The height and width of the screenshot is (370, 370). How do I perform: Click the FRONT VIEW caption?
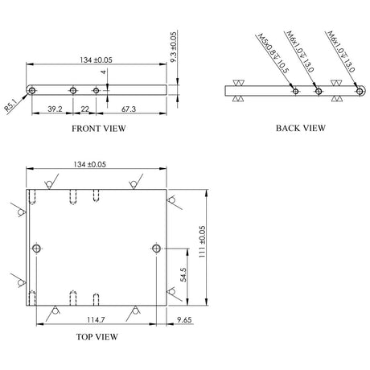[99, 129]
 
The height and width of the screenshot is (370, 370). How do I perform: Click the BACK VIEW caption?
[301, 128]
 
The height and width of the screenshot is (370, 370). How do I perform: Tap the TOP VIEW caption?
[97, 337]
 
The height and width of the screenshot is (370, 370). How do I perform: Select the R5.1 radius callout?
[10, 105]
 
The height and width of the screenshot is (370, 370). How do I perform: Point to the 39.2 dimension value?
[55, 109]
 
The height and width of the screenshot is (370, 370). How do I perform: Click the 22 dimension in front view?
[84, 109]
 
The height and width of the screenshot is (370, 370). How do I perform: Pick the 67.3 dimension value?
[129, 109]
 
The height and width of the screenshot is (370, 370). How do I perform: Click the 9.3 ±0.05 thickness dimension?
[174, 47]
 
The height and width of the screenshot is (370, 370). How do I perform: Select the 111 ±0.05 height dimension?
[202, 242]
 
